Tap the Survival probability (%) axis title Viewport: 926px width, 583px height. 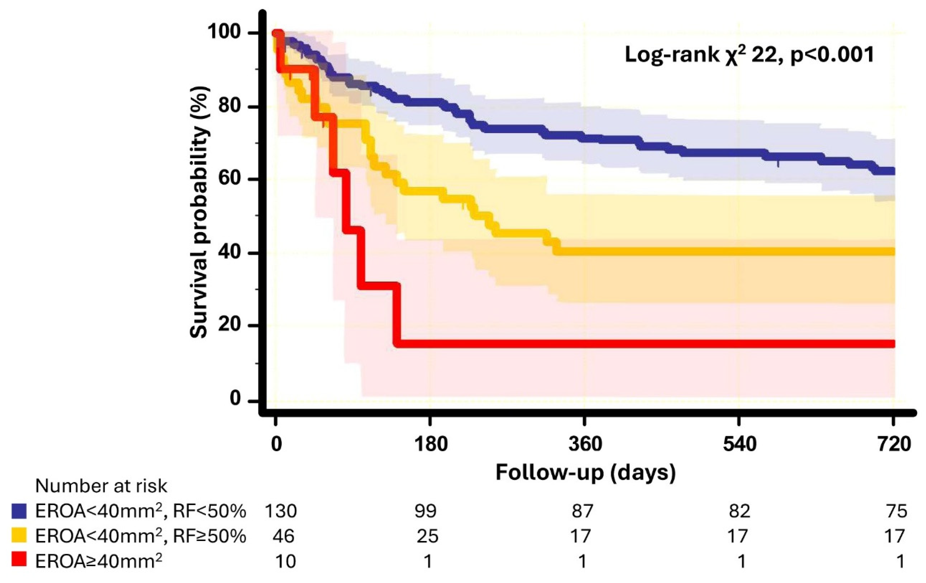[200, 212]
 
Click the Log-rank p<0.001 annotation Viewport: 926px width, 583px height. [749, 55]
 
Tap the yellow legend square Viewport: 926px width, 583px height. [19, 536]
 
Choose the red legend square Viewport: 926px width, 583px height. [19, 560]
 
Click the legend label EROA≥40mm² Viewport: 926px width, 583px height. [98, 561]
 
